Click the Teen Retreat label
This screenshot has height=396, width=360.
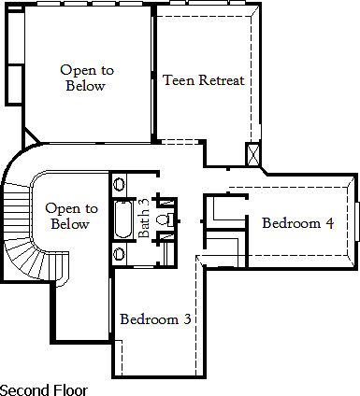203,80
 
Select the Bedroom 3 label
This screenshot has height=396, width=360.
155,319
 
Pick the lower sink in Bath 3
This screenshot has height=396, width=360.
119,253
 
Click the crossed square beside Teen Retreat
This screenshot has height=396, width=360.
253,155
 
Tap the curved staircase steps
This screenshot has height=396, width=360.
23,238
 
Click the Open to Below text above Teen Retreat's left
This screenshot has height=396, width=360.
85,78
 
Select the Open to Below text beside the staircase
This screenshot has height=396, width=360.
67,217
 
